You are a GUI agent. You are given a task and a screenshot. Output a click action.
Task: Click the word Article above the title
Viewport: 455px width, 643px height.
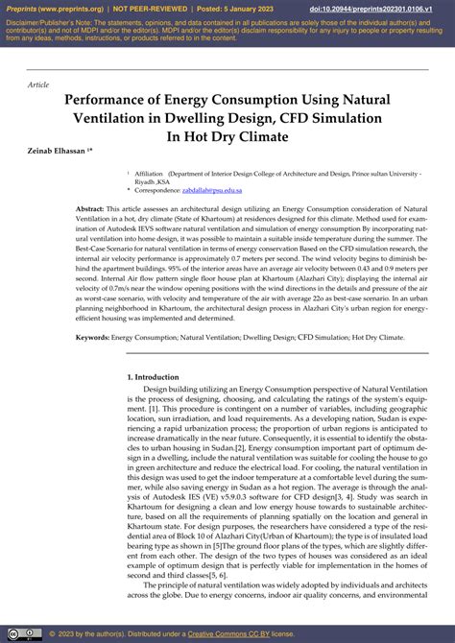[39, 84]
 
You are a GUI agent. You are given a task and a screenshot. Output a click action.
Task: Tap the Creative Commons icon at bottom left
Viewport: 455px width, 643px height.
[17, 634]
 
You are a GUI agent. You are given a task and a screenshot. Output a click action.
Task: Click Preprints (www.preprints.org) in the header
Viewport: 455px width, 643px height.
[52, 8]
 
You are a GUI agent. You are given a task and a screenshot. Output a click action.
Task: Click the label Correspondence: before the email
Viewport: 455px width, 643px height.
[159, 191]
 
